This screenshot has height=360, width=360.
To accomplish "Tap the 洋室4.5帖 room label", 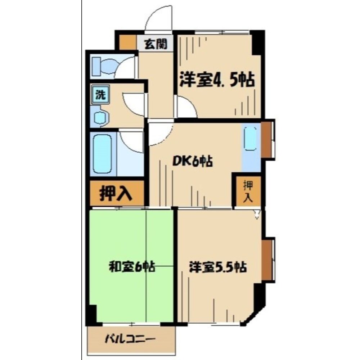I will [217, 80].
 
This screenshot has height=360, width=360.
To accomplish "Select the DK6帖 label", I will [194, 161].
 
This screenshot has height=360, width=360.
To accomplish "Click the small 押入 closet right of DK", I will [248, 191].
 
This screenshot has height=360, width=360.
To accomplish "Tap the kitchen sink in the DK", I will [251, 139].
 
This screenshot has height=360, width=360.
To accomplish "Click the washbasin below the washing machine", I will [100, 118].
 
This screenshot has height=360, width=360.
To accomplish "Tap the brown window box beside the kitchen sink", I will [267, 140].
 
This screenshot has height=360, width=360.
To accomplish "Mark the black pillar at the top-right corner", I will [257, 41].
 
